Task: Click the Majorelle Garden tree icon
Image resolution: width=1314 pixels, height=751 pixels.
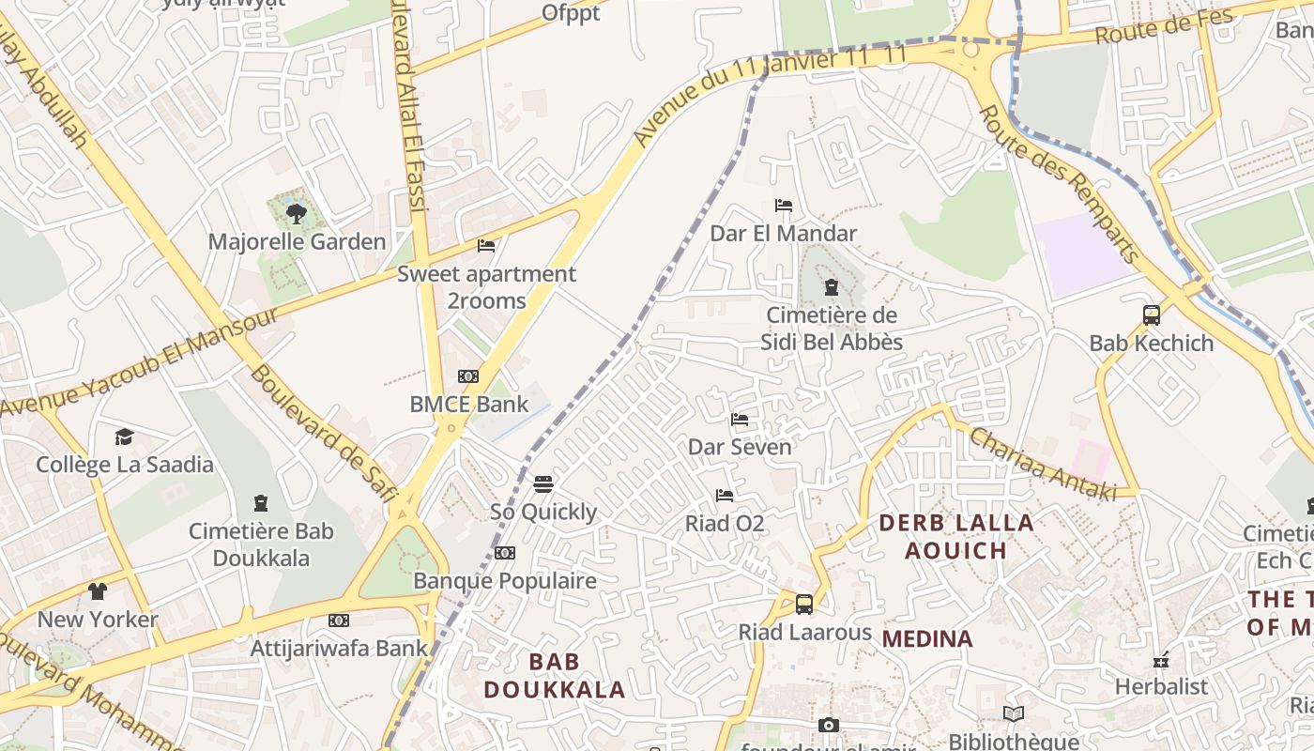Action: pyautogui.click(x=297, y=213)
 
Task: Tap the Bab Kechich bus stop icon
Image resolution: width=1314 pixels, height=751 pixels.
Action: pyautogui.click(x=1152, y=315)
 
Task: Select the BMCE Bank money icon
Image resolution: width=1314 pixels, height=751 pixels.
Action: pyautogui.click(x=468, y=376)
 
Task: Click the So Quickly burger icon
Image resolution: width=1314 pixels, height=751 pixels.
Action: pyautogui.click(x=543, y=484)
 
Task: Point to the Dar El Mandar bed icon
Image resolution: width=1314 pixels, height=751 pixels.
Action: pyautogui.click(x=784, y=206)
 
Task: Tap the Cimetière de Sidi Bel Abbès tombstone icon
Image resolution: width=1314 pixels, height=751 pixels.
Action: pyautogui.click(x=831, y=287)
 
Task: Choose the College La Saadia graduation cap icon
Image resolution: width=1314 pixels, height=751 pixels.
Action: pyautogui.click(x=124, y=437)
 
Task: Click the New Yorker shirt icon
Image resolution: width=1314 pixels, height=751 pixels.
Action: pyautogui.click(x=98, y=591)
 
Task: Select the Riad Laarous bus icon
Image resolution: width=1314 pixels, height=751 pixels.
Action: pyautogui.click(x=804, y=605)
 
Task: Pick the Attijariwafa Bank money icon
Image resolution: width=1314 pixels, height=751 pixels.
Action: pyautogui.click(x=339, y=621)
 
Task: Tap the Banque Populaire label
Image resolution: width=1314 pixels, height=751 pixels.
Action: pyautogui.click(x=505, y=581)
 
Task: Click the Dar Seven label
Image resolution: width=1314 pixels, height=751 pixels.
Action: pyautogui.click(x=741, y=447)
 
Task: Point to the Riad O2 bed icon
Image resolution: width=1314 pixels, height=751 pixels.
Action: pyautogui.click(x=725, y=495)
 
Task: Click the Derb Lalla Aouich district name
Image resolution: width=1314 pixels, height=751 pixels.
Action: pyautogui.click(x=956, y=536)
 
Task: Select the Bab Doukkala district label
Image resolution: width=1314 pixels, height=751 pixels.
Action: pyautogui.click(x=554, y=676)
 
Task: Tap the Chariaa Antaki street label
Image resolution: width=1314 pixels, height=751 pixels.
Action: pyautogui.click(x=1042, y=465)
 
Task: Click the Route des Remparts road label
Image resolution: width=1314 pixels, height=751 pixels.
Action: pyautogui.click(x=1059, y=185)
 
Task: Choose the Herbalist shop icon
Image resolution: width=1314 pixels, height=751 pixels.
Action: pyautogui.click(x=1161, y=659)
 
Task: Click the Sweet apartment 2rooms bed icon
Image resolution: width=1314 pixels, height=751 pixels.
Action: pyautogui.click(x=486, y=246)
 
